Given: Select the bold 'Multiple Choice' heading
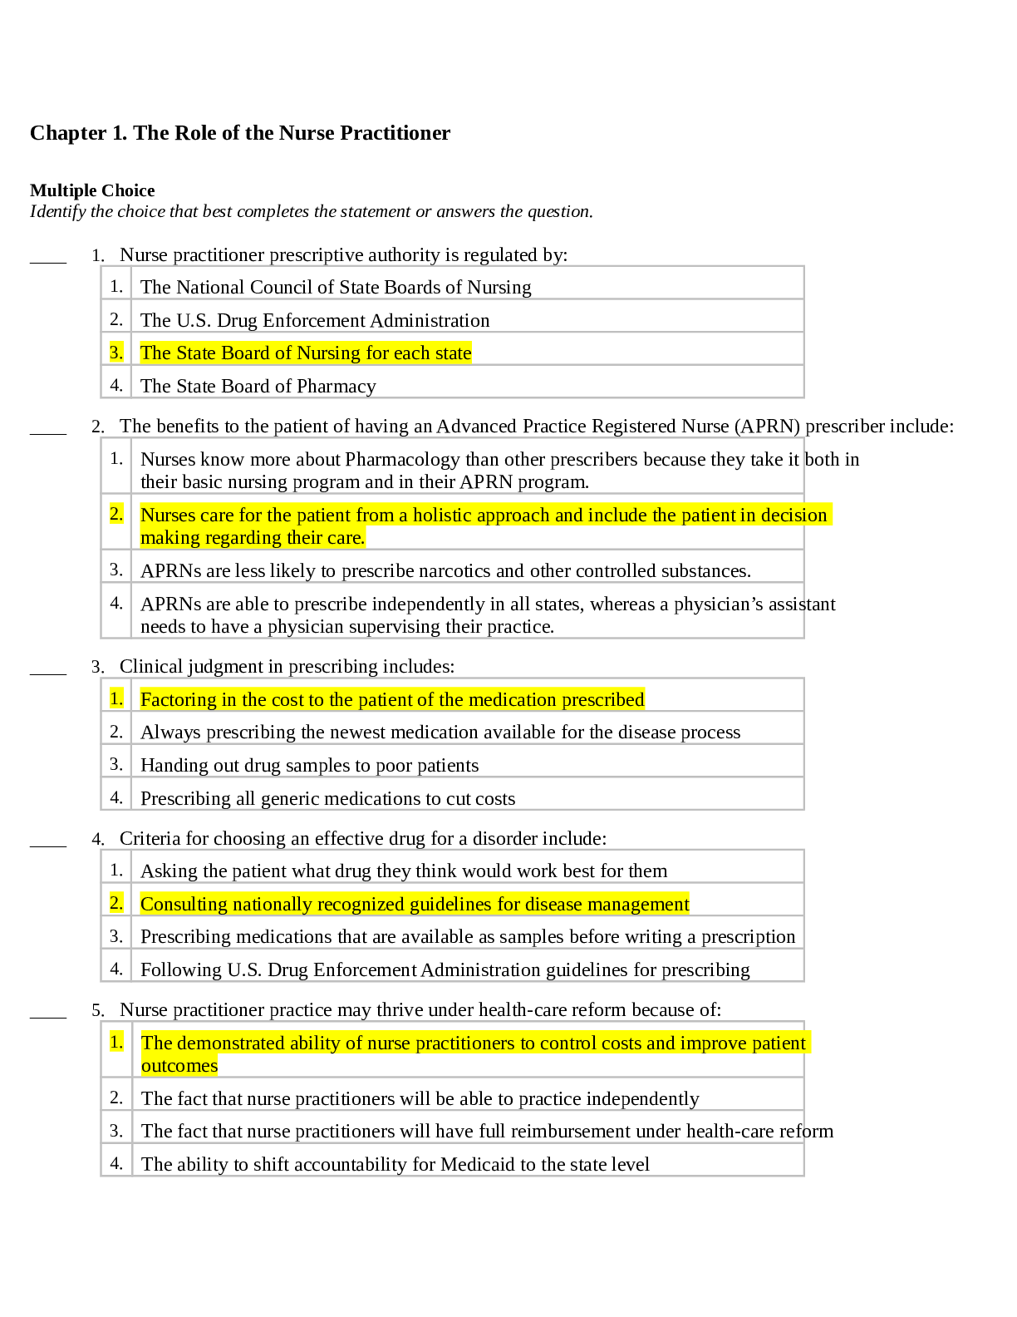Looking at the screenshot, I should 92,190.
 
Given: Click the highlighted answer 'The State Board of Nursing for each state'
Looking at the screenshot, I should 305,353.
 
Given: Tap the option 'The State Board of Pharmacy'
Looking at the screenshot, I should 258,386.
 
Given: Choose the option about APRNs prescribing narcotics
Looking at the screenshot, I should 445,571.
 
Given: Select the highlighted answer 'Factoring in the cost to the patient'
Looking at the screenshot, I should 391,700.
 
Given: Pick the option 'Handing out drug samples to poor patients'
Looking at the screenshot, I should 309,766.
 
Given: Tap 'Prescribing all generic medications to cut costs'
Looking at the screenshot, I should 327,799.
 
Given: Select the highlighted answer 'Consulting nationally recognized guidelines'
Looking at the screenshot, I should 414,904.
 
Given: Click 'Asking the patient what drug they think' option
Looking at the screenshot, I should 403,871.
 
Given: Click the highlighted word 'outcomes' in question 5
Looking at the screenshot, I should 179,1066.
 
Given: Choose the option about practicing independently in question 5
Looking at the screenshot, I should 420,1099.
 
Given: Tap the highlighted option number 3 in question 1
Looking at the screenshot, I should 116,353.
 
